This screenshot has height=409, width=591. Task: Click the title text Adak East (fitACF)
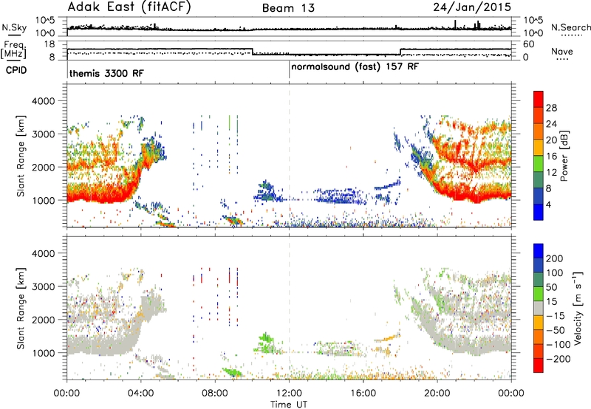(129, 7)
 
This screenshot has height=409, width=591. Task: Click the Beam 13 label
(288, 8)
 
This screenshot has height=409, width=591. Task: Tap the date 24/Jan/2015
(472, 7)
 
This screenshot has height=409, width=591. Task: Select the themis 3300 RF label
(106, 73)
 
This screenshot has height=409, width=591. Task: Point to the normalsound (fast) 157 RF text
(355, 66)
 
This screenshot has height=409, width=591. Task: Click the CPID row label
(16, 70)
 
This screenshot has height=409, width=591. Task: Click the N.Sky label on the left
(14, 27)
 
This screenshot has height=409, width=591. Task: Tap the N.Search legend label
(570, 27)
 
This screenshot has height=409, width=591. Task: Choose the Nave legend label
(562, 51)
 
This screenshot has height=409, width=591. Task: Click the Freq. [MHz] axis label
(14, 50)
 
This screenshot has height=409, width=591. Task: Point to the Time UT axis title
(289, 404)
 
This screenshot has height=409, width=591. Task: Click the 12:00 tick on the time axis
(289, 393)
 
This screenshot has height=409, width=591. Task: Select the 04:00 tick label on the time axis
(140, 393)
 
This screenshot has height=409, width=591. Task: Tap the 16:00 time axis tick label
(363, 393)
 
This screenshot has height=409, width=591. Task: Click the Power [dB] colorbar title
(564, 156)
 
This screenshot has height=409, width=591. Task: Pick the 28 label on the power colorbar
(551, 108)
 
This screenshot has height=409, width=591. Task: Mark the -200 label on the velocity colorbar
(556, 359)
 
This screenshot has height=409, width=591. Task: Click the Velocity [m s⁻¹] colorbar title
(578, 308)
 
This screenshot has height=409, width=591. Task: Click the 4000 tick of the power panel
(43, 101)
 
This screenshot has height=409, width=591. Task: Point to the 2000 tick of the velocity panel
(43, 320)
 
